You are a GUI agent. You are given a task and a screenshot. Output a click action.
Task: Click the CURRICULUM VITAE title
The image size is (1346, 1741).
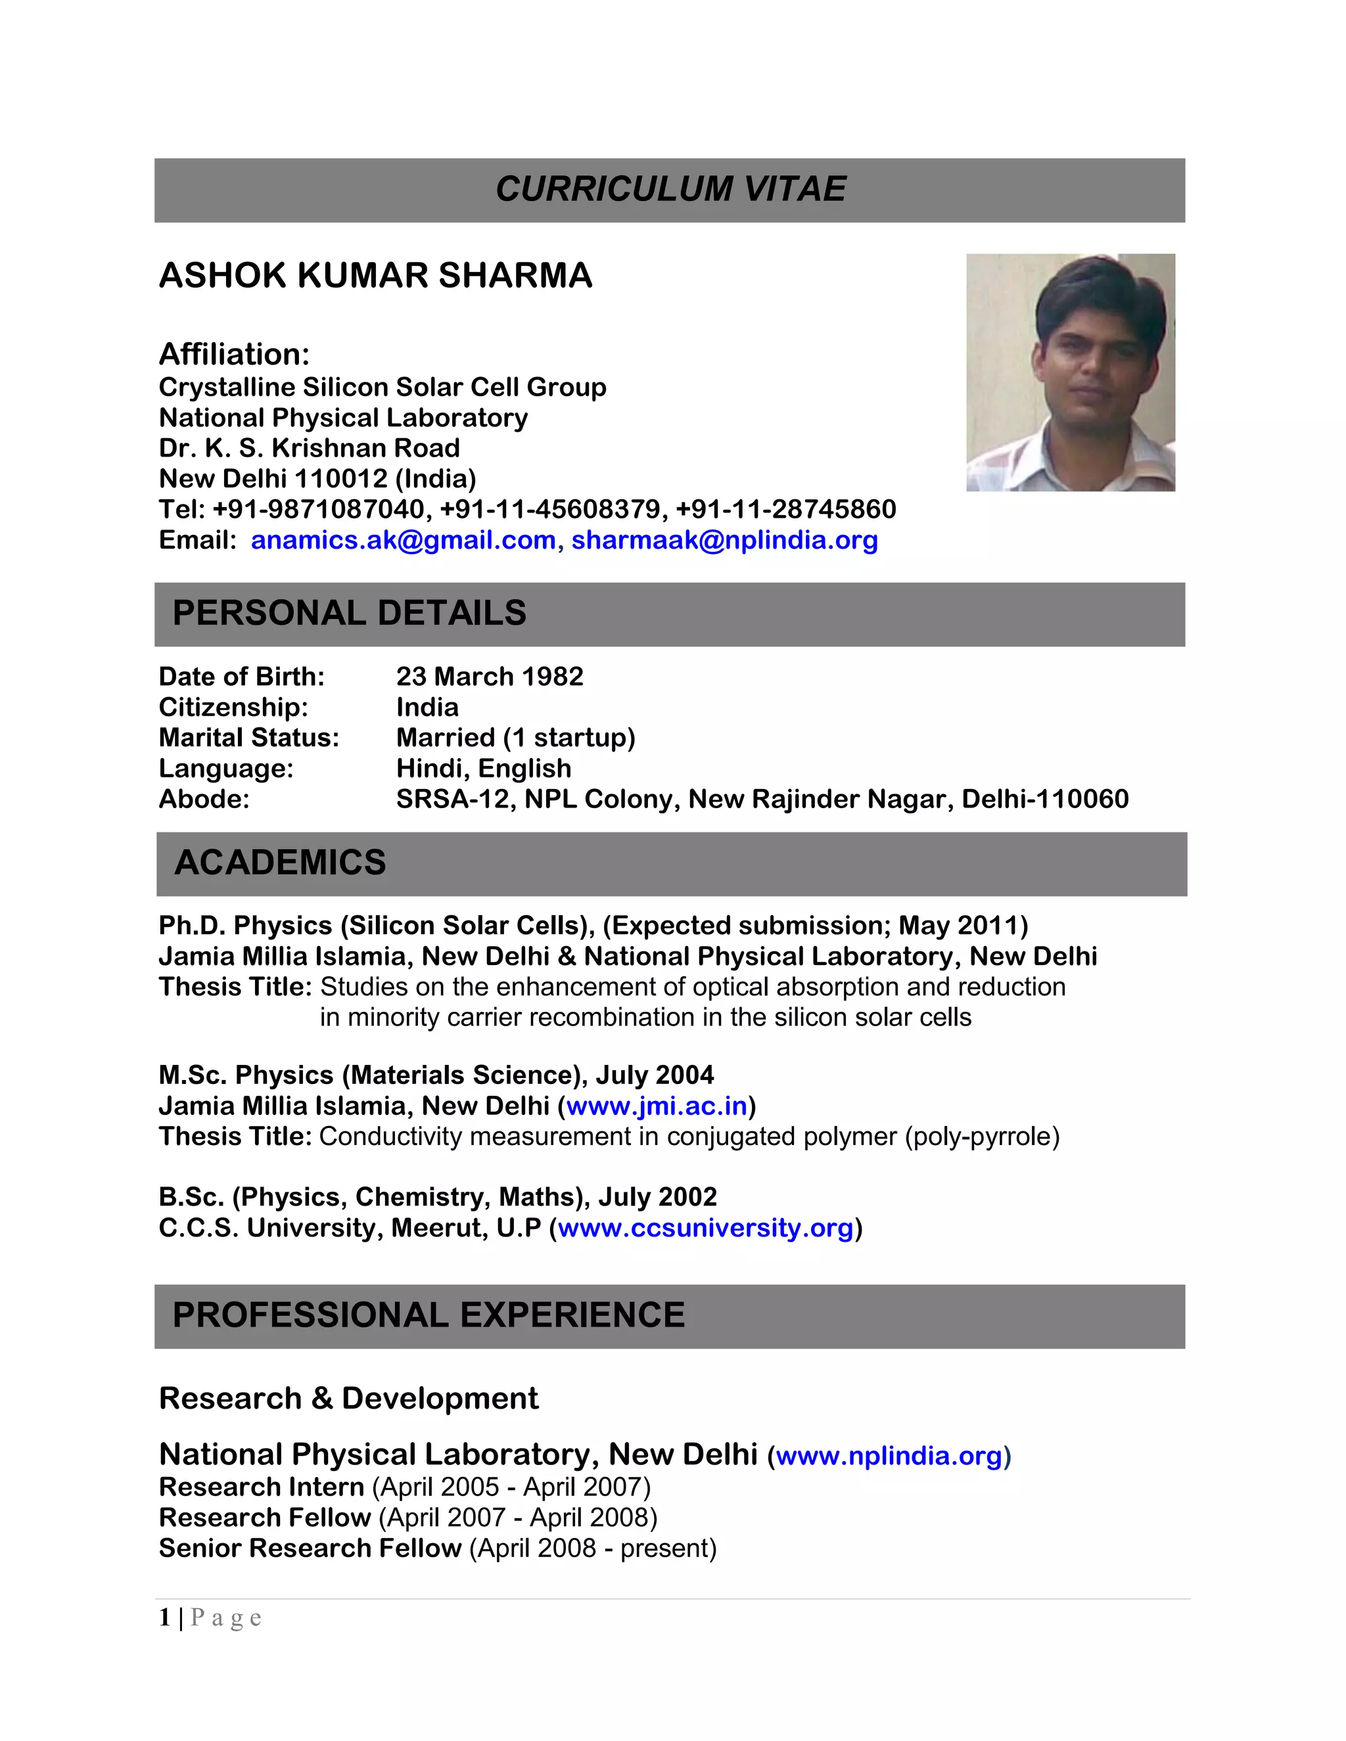coord(670,190)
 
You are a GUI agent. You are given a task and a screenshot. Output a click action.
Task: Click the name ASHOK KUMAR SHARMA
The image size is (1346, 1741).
coord(375,276)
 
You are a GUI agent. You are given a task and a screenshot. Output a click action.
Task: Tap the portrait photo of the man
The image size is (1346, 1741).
coord(1070,373)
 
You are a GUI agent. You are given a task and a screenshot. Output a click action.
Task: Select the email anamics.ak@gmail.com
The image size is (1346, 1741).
coord(403,541)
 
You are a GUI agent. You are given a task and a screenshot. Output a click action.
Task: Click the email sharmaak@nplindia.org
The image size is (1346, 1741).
coord(724,541)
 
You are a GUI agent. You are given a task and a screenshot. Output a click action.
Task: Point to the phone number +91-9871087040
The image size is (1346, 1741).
coord(319,509)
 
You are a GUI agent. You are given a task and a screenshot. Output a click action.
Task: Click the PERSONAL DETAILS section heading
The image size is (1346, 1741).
coord(349,613)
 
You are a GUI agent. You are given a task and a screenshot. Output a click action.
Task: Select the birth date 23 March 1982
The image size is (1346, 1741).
coord(490,677)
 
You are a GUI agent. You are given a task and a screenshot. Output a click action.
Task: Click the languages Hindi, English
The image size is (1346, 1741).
coord(483,769)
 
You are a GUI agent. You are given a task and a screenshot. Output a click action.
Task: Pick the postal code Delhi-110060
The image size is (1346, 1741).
coord(1044,799)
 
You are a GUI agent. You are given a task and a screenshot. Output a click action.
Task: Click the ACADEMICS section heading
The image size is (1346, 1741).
coord(280,863)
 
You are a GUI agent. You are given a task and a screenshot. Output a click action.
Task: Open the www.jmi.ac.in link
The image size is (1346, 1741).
coord(657,1106)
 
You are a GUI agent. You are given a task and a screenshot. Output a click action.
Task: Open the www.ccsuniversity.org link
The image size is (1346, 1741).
coord(705,1228)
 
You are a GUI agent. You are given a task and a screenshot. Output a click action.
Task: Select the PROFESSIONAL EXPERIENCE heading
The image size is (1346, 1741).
coord(429,1315)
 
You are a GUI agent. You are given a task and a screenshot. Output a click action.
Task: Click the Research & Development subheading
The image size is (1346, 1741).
coord(348,1399)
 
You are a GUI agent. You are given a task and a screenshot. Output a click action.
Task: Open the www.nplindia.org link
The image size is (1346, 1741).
coord(889,1457)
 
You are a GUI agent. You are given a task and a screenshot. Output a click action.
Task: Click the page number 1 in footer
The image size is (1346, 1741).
coord(164,1617)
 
